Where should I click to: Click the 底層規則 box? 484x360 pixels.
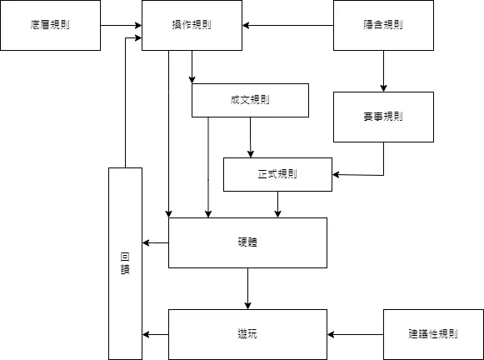(x=50, y=25)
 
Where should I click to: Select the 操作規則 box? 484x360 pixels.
(x=192, y=25)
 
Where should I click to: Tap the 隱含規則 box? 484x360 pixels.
(x=383, y=25)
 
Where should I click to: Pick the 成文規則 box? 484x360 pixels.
(x=250, y=100)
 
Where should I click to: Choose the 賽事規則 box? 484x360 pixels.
(x=383, y=117)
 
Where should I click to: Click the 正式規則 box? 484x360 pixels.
(x=277, y=174)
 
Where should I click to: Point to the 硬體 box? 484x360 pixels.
(x=247, y=242)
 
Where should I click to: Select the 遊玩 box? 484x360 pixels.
(x=247, y=334)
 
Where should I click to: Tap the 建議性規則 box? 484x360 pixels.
(x=433, y=334)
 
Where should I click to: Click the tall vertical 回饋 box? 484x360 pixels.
(x=125, y=262)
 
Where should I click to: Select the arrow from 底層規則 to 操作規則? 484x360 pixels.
(x=121, y=25)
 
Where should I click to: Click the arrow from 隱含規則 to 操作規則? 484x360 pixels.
(x=287, y=25)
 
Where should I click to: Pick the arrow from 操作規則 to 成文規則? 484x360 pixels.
(x=192, y=67)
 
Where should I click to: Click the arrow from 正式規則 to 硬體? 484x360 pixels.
(x=277, y=204)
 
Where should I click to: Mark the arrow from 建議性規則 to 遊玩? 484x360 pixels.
(x=356, y=334)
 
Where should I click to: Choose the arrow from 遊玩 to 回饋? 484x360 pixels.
(x=156, y=334)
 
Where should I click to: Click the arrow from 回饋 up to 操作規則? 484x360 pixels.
(x=125, y=100)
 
